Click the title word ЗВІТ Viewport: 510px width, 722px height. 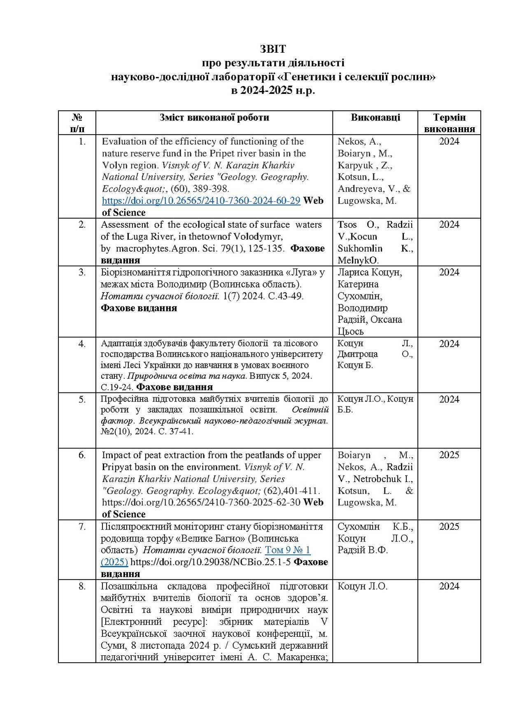(x=272, y=49)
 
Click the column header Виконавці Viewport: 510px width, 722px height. (x=375, y=117)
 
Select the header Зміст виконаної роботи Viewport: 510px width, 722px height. (x=214, y=117)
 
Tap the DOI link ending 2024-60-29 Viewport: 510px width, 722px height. (x=201, y=201)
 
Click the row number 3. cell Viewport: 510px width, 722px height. (x=82, y=272)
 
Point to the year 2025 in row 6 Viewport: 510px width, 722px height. (x=449, y=455)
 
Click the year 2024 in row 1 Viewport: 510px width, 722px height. (x=449, y=142)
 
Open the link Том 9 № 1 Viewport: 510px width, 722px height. (x=287, y=550)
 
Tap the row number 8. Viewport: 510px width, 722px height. (x=82, y=586)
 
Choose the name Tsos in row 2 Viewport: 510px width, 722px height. (x=347, y=225)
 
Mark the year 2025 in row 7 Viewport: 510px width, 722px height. (x=449, y=527)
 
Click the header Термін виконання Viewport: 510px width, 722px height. (x=449, y=123)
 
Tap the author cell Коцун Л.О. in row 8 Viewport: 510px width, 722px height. (x=362, y=586)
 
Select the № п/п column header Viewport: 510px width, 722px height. (x=77, y=123)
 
